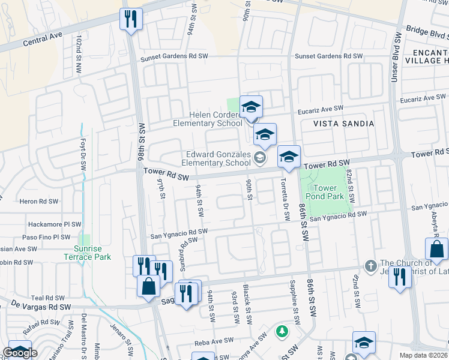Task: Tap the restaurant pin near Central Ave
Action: pyautogui.click(x=130, y=19)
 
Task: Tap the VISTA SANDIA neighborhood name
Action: pyautogui.click(x=343, y=124)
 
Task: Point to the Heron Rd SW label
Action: pyautogui.click(x=39, y=202)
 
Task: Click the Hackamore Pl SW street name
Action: pyautogui.click(x=54, y=224)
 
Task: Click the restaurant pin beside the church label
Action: pyautogui.click(x=398, y=278)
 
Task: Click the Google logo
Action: pyautogui.click(x=19, y=353)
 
